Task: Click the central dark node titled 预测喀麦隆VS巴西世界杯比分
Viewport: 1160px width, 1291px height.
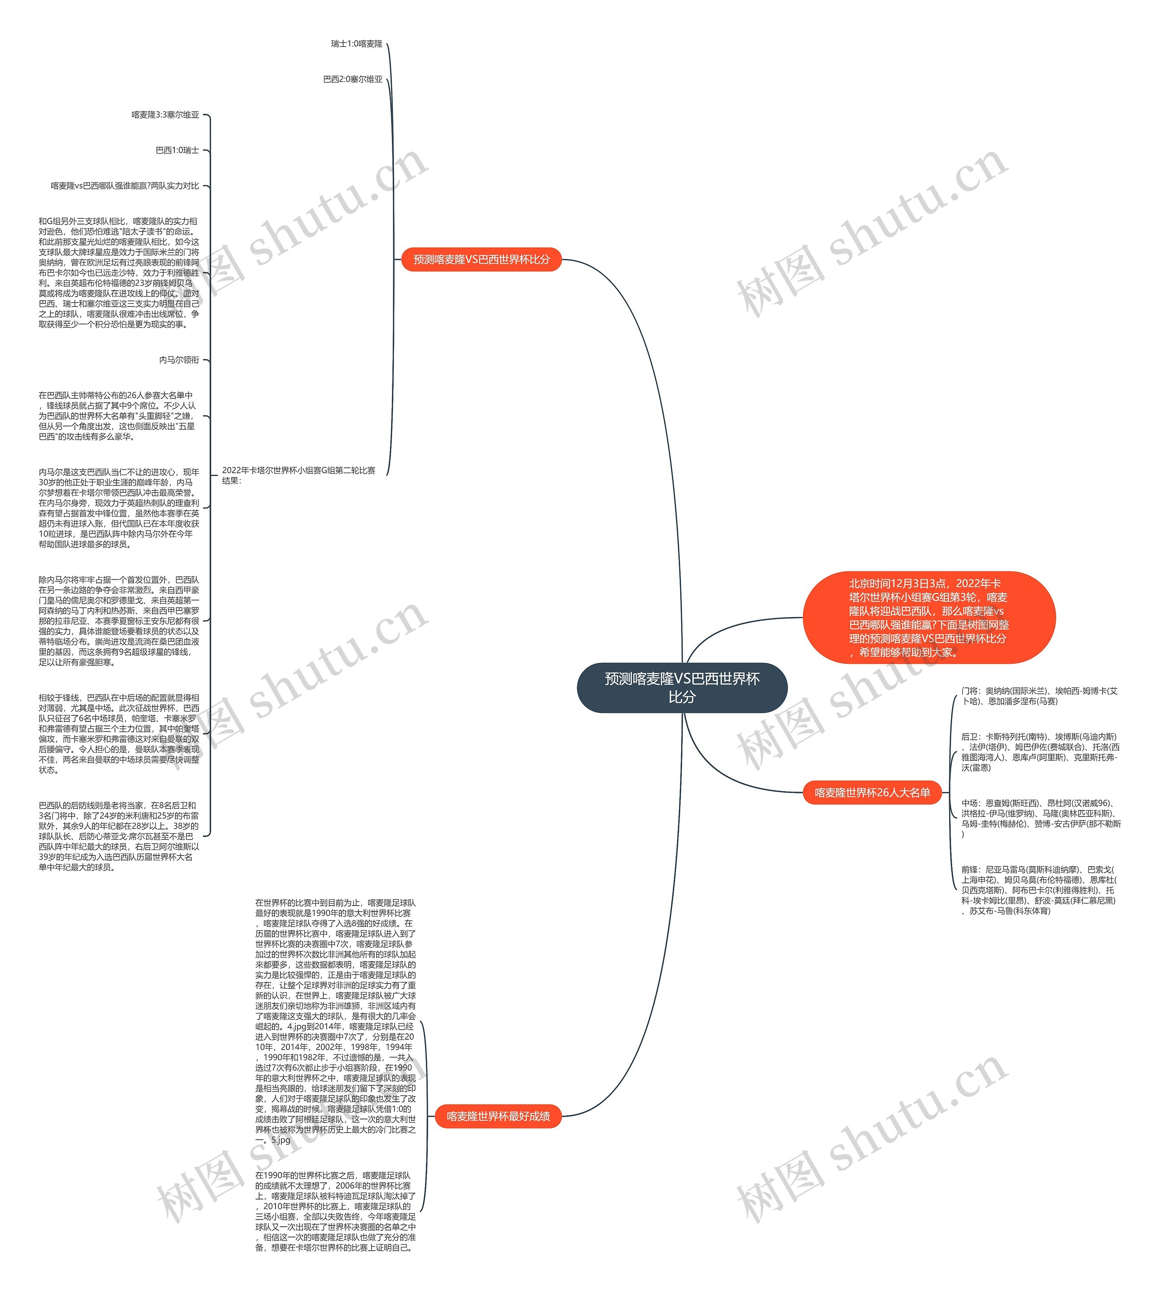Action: point(681,688)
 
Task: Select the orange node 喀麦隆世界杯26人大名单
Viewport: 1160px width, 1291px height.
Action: point(872,792)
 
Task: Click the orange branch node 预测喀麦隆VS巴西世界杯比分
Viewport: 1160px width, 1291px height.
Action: point(481,259)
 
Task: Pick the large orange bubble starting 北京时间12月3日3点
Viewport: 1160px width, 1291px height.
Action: point(928,617)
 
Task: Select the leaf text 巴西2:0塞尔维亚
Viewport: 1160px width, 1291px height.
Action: point(353,80)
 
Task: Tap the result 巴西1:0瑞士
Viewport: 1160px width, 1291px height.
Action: point(177,150)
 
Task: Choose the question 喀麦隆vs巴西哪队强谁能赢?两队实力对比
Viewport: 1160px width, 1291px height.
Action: point(125,186)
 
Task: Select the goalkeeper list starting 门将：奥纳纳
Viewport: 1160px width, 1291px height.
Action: point(1039,696)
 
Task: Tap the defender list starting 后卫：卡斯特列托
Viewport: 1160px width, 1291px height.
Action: point(1039,752)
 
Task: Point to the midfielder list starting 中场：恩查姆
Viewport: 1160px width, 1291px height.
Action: point(1040,818)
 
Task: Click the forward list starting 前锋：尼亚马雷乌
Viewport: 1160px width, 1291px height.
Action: point(1039,890)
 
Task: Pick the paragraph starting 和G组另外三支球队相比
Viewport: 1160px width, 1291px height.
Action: point(119,273)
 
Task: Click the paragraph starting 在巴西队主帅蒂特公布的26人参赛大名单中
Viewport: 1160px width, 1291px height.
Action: point(117,416)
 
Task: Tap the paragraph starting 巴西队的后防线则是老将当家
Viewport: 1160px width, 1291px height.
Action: point(119,836)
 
